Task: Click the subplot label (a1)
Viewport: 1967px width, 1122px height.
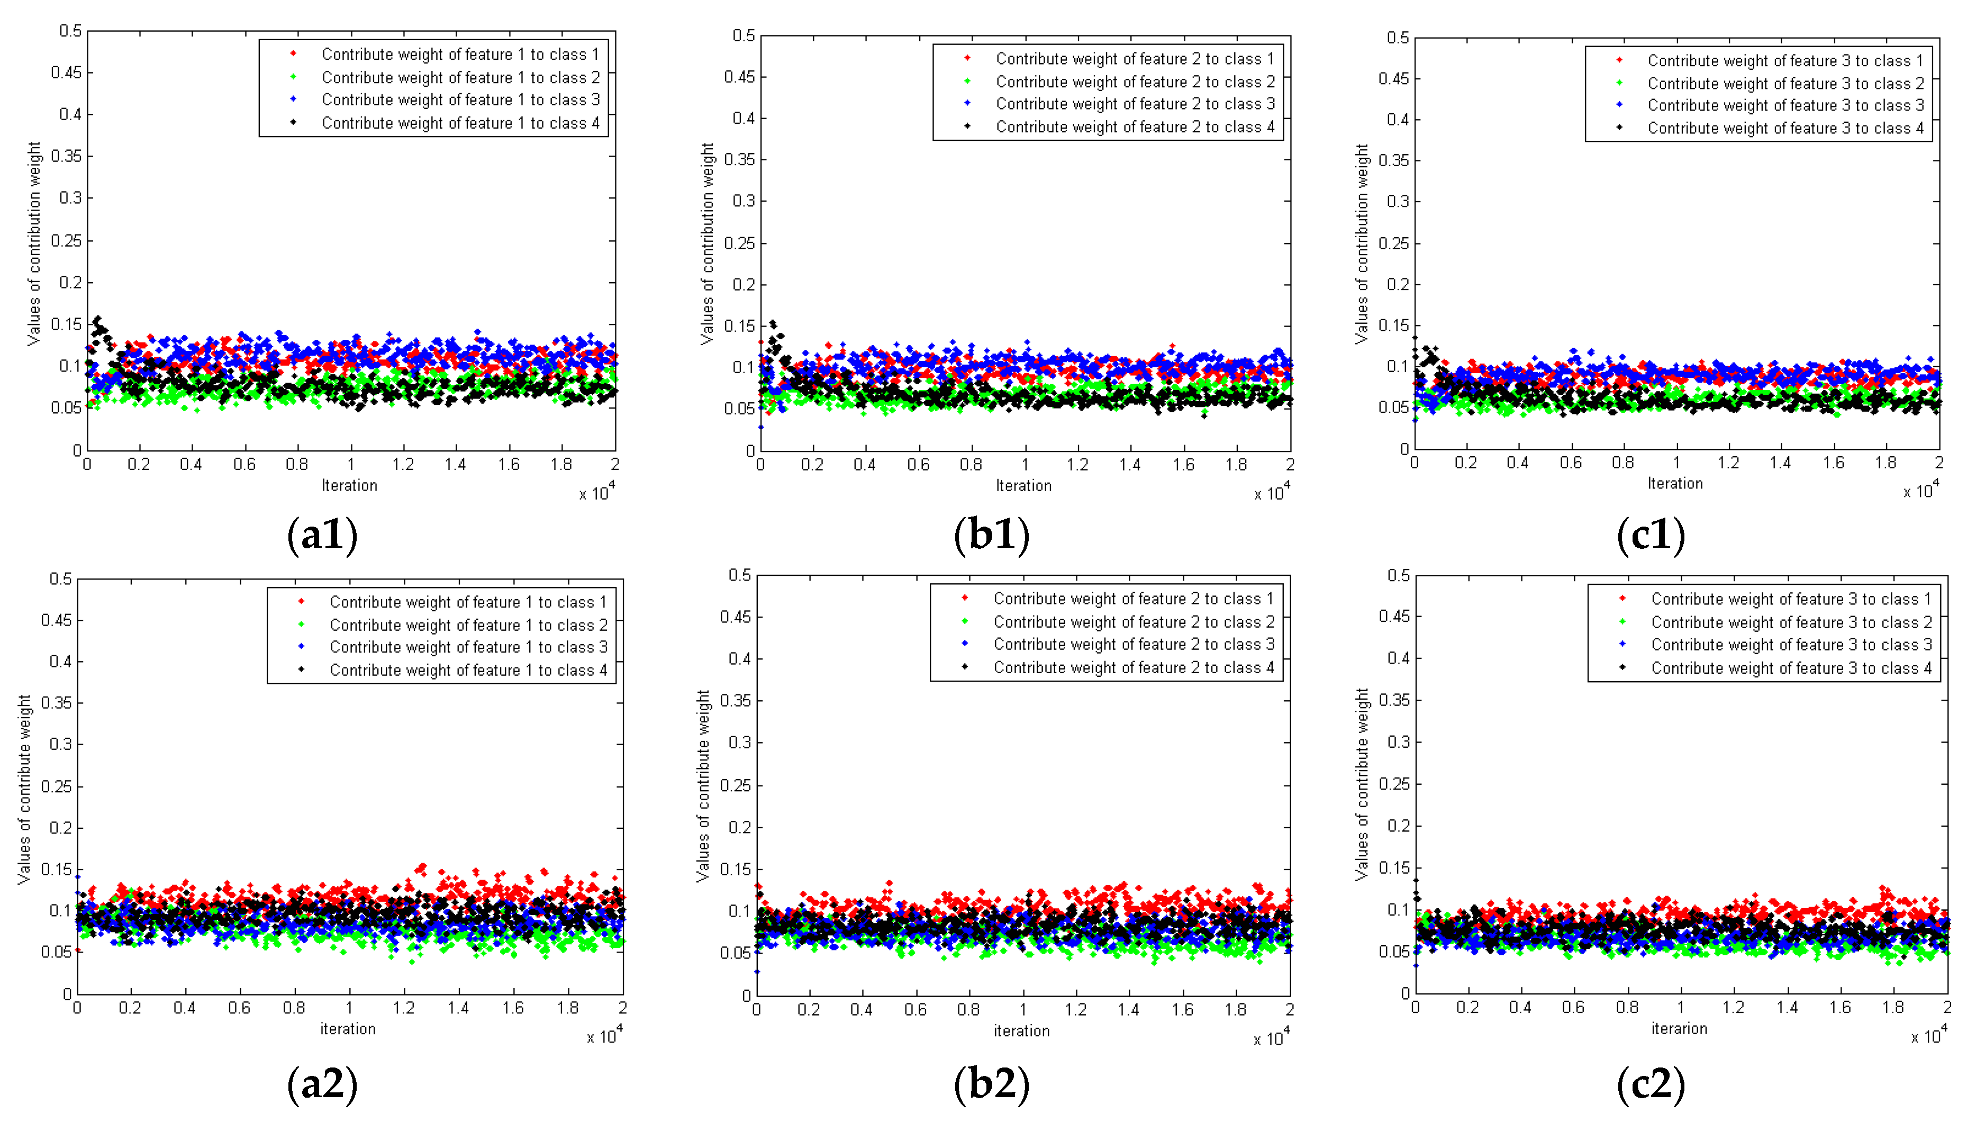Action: (322, 535)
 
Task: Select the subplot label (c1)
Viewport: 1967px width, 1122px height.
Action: (1651, 535)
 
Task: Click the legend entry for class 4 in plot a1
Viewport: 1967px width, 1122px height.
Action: (460, 123)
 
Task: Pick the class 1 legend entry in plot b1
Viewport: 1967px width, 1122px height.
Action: (1134, 59)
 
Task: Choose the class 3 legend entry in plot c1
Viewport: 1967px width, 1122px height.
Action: (1785, 105)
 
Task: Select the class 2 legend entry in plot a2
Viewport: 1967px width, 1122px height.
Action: (468, 625)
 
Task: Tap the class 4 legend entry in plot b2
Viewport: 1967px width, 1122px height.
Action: (1134, 667)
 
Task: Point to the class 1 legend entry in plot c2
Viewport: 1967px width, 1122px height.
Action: (1791, 599)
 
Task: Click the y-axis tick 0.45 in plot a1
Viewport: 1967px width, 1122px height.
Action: (66, 73)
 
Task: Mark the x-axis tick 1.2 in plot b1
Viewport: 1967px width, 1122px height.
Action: (1077, 465)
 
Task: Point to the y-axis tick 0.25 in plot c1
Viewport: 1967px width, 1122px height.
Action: (1393, 243)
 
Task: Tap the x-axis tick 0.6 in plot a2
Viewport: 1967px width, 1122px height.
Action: (239, 1008)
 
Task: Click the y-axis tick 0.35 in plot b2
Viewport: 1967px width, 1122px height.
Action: (735, 701)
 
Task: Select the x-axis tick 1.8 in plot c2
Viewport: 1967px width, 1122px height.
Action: (1893, 1007)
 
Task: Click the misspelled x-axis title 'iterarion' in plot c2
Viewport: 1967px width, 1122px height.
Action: (1678, 1029)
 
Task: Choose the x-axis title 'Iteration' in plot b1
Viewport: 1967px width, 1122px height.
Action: (1022, 485)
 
